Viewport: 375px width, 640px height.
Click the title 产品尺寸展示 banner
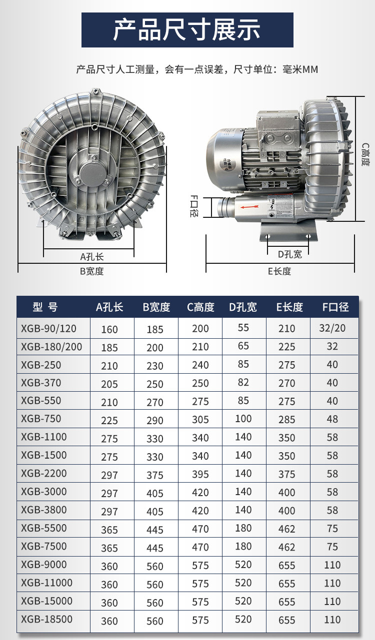click(x=187, y=29)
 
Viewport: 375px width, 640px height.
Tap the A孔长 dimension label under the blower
click(x=92, y=257)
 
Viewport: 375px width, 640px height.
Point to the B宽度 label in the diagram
click(x=92, y=271)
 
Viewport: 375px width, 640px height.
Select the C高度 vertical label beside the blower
click(x=365, y=154)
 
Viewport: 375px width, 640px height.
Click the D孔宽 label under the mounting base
click(x=290, y=254)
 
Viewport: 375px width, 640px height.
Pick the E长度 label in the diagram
click(x=279, y=271)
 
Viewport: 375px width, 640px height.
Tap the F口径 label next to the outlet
click(x=194, y=206)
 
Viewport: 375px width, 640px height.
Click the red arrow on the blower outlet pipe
click(x=249, y=206)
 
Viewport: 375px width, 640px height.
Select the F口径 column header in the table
click(x=335, y=307)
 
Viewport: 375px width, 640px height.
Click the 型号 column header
click(x=45, y=307)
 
